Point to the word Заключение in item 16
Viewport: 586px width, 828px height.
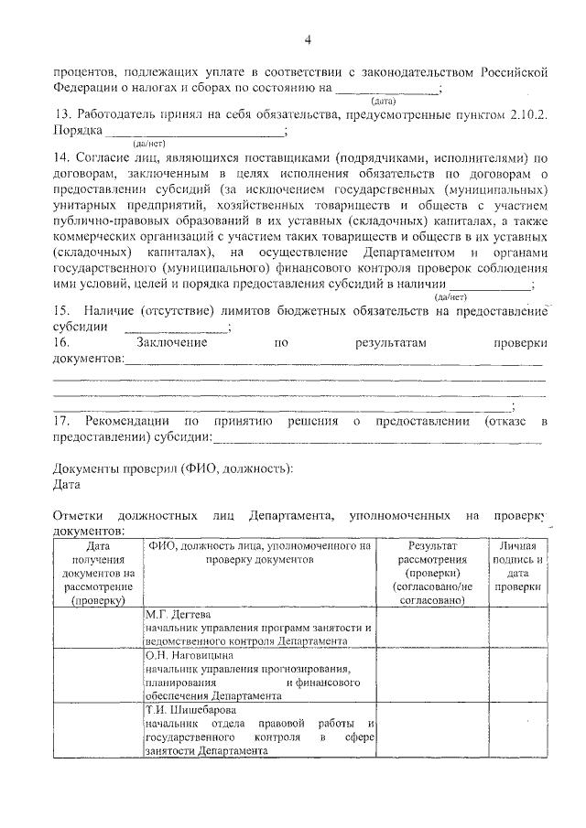pyautogui.click(x=170, y=342)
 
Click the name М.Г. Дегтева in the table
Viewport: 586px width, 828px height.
pyautogui.click(x=178, y=615)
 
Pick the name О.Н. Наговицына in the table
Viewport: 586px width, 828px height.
pyautogui.click(x=185, y=656)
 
